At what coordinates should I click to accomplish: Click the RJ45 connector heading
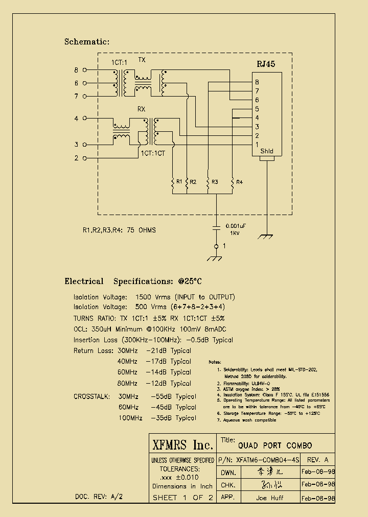(x=265, y=64)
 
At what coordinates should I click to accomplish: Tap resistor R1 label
(x=179, y=182)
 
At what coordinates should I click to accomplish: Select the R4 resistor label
(x=240, y=182)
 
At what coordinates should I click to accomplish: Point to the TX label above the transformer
(x=142, y=60)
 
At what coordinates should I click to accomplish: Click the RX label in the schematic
(x=141, y=109)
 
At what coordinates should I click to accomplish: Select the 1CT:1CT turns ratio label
(x=153, y=152)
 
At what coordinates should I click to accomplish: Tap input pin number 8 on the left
(x=77, y=70)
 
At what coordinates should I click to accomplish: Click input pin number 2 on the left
(x=77, y=158)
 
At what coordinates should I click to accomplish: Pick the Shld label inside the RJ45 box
(x=267, y=151)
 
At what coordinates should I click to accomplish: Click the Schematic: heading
(x=86, y=42)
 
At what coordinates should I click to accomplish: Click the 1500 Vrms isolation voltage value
(x=151, y=297)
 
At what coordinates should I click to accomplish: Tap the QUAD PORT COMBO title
(x=274, y=445)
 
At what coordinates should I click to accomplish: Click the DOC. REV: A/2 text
(x=99, y=497)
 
